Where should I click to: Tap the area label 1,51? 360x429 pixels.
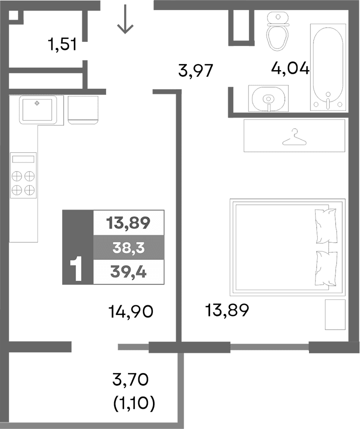pos(62,45)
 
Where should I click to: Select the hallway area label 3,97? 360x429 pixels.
pos(197,71)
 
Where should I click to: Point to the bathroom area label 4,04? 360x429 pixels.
pos(290,68)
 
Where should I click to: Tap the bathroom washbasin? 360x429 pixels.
pos(269,98)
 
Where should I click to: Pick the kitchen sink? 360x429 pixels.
pos(37,109)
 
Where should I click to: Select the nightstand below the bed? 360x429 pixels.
pos(334,315)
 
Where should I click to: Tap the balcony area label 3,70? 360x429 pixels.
pos(132,378)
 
